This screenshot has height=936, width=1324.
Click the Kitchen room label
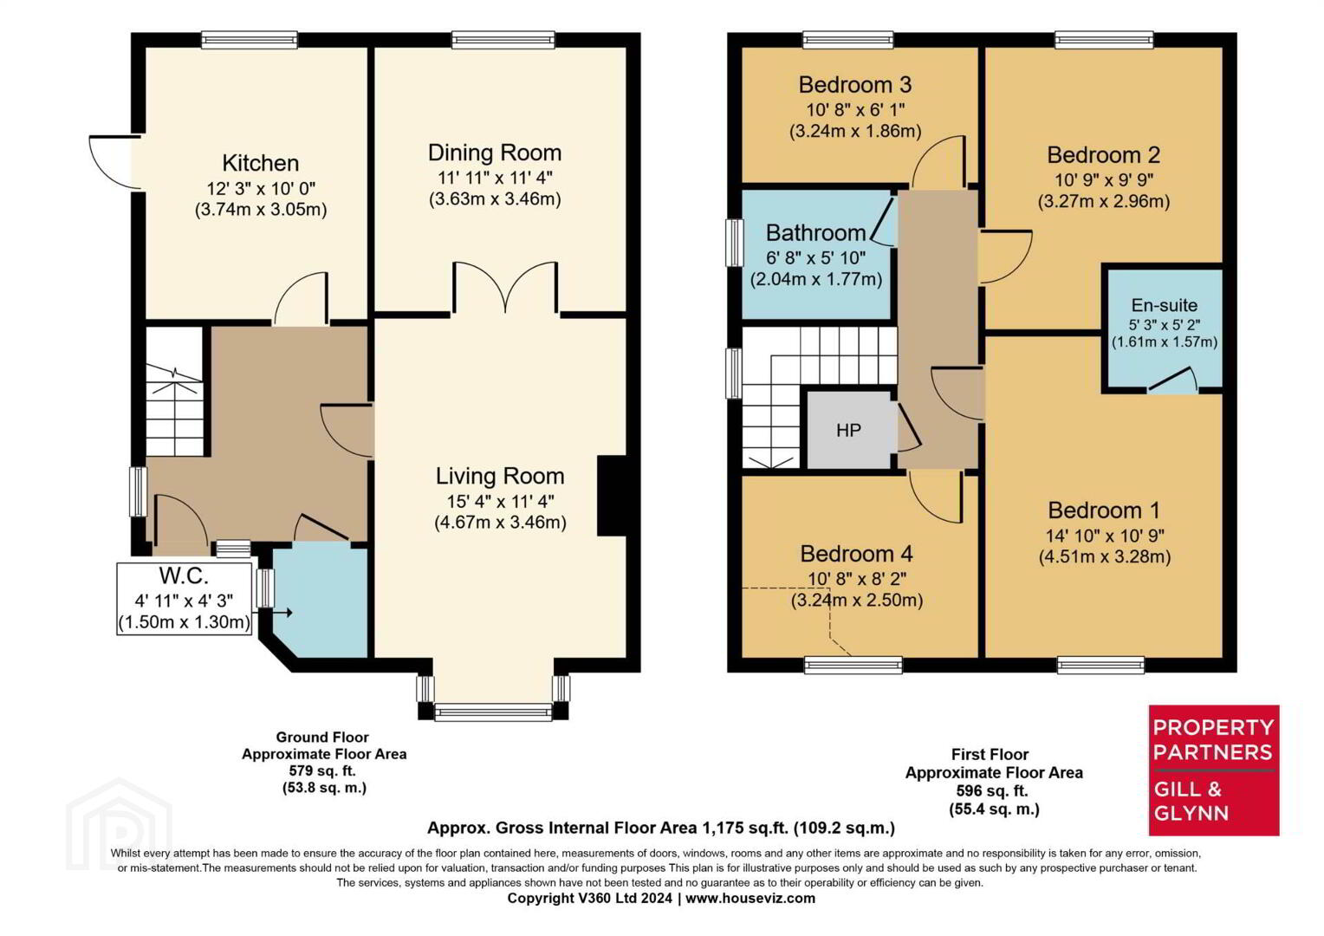(261, 163)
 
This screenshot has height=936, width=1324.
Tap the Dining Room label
(495, 153)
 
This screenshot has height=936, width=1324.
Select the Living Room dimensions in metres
(501, 523)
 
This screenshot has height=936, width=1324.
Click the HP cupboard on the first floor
(849, 430)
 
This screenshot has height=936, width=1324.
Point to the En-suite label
(1165, 305)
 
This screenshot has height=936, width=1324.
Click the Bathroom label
(815, 233)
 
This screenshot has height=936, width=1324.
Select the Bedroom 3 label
(854, 85)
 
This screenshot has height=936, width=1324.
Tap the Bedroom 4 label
(856, 554)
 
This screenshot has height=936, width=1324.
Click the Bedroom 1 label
(1104, 510)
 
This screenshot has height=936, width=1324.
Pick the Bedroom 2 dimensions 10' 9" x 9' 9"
(1104, 179)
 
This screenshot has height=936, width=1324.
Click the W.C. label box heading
(184, 575)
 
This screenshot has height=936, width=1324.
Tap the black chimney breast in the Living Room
(612, 496)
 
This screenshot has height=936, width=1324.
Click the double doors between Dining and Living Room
(505, 287)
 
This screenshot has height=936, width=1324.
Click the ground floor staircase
(175, 392)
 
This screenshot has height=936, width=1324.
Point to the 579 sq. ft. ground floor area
(322, 771)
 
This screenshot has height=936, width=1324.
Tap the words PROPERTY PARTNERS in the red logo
(1213, 739)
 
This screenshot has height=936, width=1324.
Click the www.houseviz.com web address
(750, 898)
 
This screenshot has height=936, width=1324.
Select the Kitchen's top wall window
(250, 40)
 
